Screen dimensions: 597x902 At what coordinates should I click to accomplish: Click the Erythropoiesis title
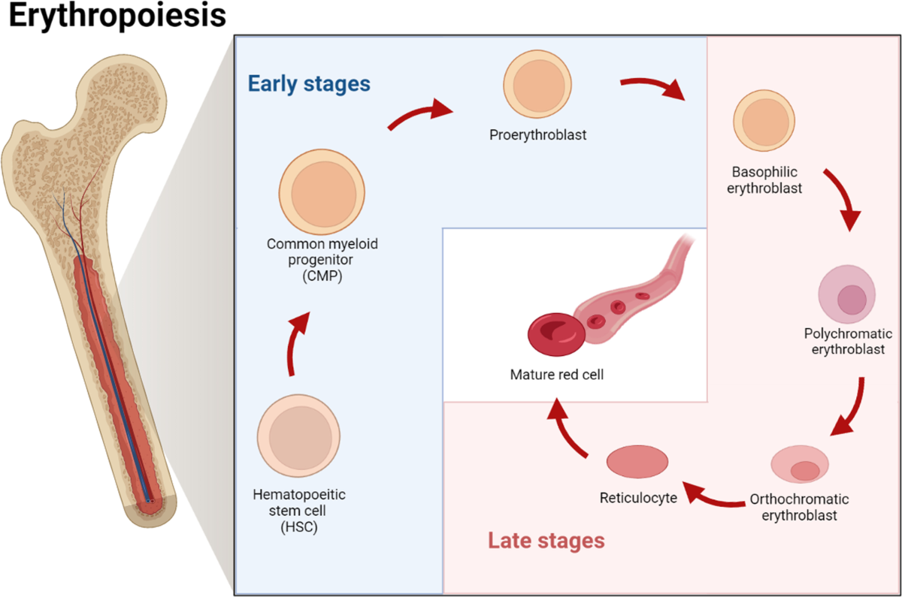tap(114, 17)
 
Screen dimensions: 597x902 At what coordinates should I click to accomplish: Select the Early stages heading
tap(309, 83)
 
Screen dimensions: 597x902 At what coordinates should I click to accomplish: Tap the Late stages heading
tap(546, 539)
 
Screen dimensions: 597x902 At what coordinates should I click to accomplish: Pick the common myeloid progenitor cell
tap(322, 191)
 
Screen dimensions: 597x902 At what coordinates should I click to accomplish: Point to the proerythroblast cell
tap(537, 86)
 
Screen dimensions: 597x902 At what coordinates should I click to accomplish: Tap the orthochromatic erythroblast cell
tap(801, 465)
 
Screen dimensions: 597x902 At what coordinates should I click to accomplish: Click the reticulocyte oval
tap(637, 462)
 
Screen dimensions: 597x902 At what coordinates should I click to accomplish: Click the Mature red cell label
tap(556, 372)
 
